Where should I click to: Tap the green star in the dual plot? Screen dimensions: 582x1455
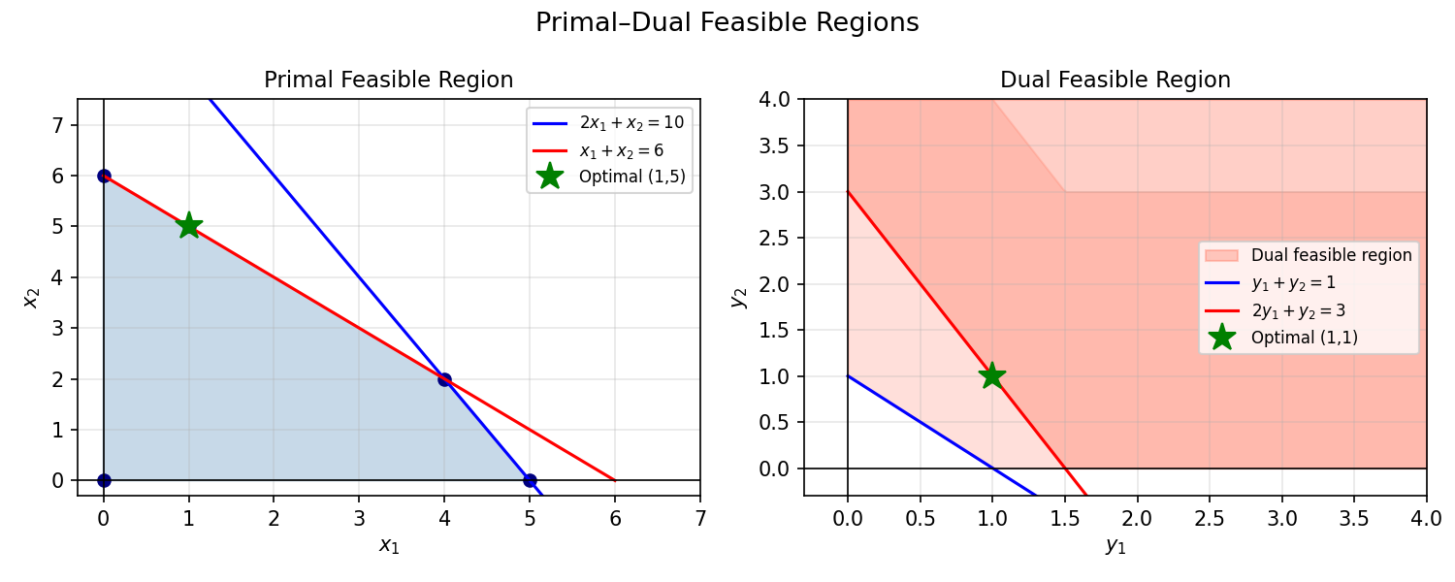pos(991,375)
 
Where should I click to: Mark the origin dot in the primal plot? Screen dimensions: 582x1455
pos(104,480)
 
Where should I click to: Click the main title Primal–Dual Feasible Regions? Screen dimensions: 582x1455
pos(727,23)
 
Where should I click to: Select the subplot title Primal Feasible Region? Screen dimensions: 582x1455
pos(388,81)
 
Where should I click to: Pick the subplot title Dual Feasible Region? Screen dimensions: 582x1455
pos(1115,81)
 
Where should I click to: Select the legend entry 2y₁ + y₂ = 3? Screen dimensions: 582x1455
pos(1298,310)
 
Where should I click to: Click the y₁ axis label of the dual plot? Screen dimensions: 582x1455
pos(1115,546)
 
